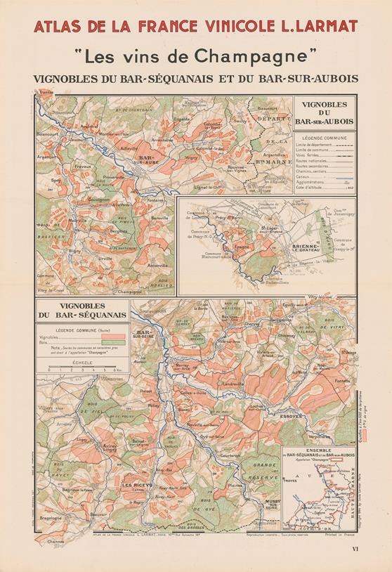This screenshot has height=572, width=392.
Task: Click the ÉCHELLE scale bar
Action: click(x=83, y=367)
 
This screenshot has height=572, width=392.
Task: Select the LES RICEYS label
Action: click(x=136, y=485)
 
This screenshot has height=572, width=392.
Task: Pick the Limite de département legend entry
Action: click(x=313, y=145)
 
